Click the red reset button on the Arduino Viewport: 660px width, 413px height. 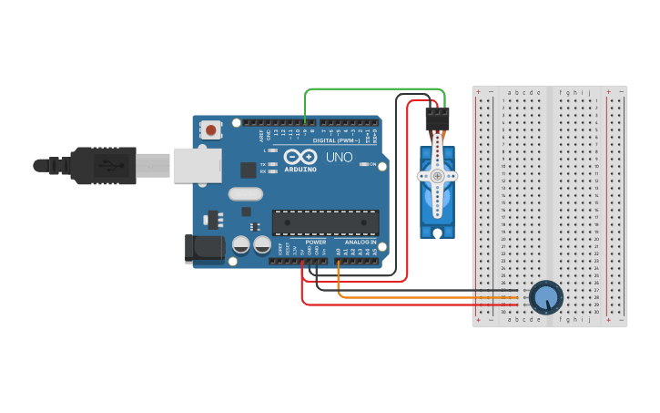click(x=211, y=130)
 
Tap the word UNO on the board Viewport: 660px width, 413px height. click(x=339, y=157)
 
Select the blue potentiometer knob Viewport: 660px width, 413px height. click(x=545, y=297)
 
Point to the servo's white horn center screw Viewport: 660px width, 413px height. click(x=437, y=176)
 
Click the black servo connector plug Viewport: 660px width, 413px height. click(x=437, y=119)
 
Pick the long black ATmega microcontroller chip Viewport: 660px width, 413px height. click(x=325, y=222)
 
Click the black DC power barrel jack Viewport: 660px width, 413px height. click(x=204, y=249)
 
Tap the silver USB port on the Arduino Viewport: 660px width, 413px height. click(x=198, y=164)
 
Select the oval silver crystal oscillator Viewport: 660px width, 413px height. click(x=246, y=193)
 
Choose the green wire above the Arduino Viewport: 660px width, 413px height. click(x=373, y=89)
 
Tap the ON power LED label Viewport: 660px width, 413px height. click(x=371, y=164)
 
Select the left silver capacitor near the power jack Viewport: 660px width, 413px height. click(x=241, y=244)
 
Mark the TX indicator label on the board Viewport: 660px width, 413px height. click(x=263, y=164)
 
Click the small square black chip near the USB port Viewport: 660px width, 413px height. click(x=248, y=170)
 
